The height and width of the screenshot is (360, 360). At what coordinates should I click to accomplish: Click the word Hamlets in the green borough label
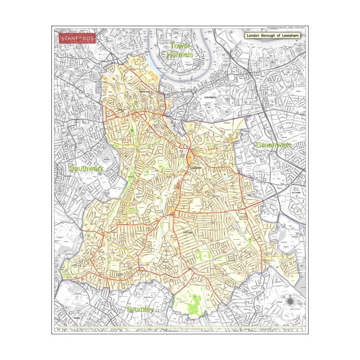point(181,55)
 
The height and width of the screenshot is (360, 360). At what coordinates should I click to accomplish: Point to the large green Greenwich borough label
point(273,145)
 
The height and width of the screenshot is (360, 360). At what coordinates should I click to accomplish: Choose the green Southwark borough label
point(86,168)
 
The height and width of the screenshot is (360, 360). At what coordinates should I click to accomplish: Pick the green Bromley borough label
point(140,310)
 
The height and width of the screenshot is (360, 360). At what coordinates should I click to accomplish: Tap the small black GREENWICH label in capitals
point(212,97)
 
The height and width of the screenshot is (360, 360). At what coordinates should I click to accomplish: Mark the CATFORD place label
point(188,232)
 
